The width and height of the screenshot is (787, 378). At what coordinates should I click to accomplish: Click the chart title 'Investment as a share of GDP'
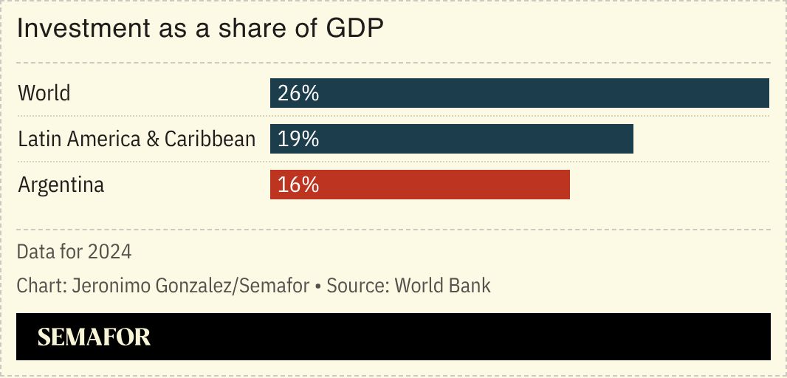coord(200,29)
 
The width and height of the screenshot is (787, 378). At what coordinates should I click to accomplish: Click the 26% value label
coord(298,94)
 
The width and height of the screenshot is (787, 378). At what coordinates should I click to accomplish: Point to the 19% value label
coord(298,140)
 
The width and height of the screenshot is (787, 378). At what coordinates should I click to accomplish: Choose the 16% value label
coord(298,185)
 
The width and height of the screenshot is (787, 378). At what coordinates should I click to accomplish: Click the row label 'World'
coord(44,94)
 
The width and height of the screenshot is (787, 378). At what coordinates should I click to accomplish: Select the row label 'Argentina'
coord(61,185)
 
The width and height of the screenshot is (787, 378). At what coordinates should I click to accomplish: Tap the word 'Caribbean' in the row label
coord(210,139)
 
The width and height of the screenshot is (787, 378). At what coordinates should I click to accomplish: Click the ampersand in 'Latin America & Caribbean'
coord(154,140)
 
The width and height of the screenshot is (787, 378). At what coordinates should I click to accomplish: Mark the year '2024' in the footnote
coord(109,252)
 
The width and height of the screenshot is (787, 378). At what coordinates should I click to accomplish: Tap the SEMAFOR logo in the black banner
coord(94,337)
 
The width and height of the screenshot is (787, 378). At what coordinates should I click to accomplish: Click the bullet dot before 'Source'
coord(317,286)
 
